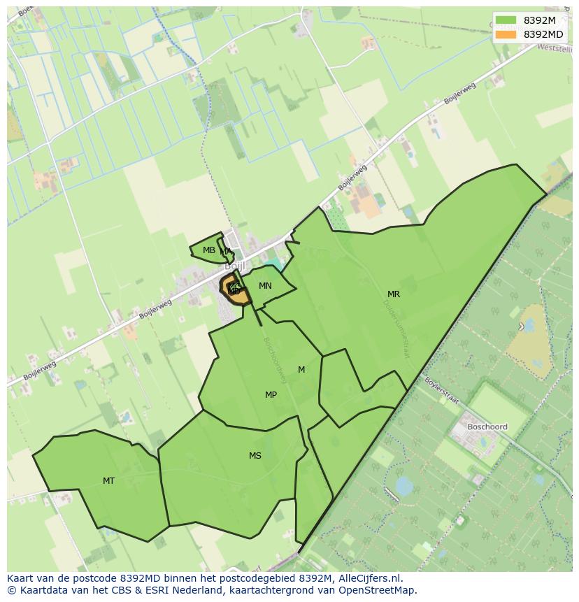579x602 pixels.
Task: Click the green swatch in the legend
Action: tap(506, 20)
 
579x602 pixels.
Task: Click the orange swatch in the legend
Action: tap(506, 34)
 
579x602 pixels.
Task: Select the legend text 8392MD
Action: tap(543, 34)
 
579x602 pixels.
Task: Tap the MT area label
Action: tap(108, 480)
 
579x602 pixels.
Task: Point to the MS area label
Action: tap(255, 456)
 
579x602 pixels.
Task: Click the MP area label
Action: tap(271, 395)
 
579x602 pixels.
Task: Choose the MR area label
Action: tap(394, 294)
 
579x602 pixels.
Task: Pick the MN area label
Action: tap(265, 286)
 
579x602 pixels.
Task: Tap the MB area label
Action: tap(209, 250)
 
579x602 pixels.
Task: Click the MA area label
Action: tap(226, 252)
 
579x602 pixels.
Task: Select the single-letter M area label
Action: tap(301, 370)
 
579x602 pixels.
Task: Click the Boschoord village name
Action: tap(487, 427)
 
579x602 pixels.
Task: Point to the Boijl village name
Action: tap(233, 266)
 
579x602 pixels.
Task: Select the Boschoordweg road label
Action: tap(275, 361)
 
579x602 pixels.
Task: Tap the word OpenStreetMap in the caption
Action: tap(380, 590)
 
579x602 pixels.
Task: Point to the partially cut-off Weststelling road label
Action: tap(555, 48)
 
